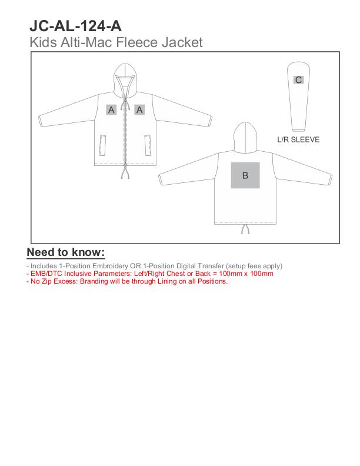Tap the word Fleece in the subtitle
point(141,42)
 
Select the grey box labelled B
point(245,175)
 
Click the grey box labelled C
point(299,80)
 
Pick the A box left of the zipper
point(111,109)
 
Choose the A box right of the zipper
point(139,109)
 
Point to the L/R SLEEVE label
point(298,140)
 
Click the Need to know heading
point(66,253)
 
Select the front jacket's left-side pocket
point(104,145)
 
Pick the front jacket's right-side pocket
point(146,145)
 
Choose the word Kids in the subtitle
point(41,42)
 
